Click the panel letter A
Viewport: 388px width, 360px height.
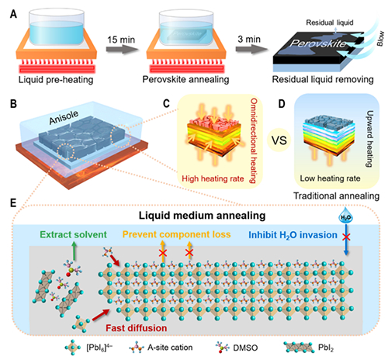tap(13, 14)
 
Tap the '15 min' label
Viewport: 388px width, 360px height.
tap(121, 40)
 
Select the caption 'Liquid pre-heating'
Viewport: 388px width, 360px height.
tap(56, 80)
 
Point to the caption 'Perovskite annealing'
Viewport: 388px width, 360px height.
tap(185, 79)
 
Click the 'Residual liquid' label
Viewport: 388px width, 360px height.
tap(330, 22)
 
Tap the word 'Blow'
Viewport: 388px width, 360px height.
tap(380, 39)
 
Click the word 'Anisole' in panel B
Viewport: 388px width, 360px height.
tap(64, 117)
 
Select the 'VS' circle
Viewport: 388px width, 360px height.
tap(279, 140)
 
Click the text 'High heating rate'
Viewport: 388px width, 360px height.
tap(213, 178)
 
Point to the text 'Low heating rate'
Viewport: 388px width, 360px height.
tap(330, 178)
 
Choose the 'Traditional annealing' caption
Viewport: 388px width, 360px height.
tap(336, 196)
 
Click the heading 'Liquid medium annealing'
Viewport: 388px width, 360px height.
tap(203, 216)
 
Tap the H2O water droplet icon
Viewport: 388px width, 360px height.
tap(346, 216)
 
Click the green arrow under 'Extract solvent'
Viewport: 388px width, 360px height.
tap(74, 251)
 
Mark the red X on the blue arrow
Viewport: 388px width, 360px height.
tap(346, 237)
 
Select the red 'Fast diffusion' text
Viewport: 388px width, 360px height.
tap(137, 328)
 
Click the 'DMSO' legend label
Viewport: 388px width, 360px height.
tap(245, 348)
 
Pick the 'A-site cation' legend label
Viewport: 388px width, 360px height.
tap(170, 347)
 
